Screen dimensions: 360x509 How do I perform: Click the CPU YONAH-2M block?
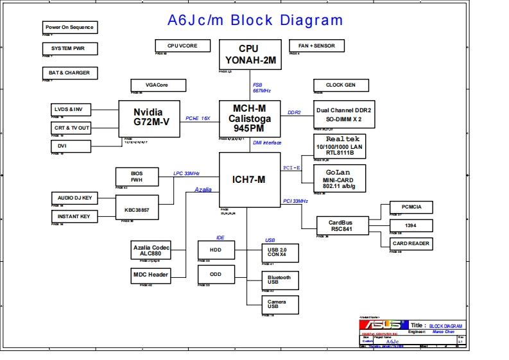coord(250,55)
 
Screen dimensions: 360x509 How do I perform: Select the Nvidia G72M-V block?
coord(148,117)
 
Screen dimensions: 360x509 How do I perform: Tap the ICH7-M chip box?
coord(250,180)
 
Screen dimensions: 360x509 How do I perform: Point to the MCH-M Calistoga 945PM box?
coord(250,118)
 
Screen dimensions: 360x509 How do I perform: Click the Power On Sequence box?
coord(69,28)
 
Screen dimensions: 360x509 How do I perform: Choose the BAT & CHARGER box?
coord(69,73)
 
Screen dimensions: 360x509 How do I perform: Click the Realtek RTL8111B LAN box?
coord(340,146)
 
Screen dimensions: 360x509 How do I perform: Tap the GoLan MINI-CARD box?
coord(340,178)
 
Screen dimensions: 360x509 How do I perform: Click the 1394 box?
coord(411,225)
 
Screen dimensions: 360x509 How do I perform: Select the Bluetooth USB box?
coord(279,280)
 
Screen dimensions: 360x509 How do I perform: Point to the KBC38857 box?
coord(137,210)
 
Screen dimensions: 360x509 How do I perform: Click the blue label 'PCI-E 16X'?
coord(198,118)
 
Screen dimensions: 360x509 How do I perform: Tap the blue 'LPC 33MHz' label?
coord(186,173)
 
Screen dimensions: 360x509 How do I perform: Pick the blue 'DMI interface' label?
coord(267,142)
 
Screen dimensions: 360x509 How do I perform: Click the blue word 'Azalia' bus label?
coord(203,190)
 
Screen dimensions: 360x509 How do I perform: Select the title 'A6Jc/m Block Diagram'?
coord(255,20)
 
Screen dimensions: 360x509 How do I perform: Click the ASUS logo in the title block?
coord(383,325)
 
